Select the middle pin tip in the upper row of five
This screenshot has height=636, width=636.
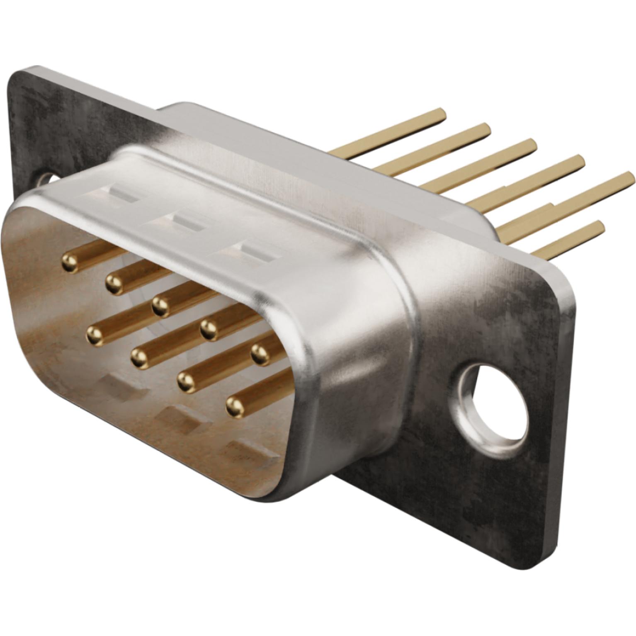(160, 306)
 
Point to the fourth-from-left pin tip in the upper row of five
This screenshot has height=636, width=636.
(209, 329)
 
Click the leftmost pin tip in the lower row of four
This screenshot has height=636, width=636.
(95, 333)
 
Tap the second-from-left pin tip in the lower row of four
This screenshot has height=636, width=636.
(139, 356)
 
